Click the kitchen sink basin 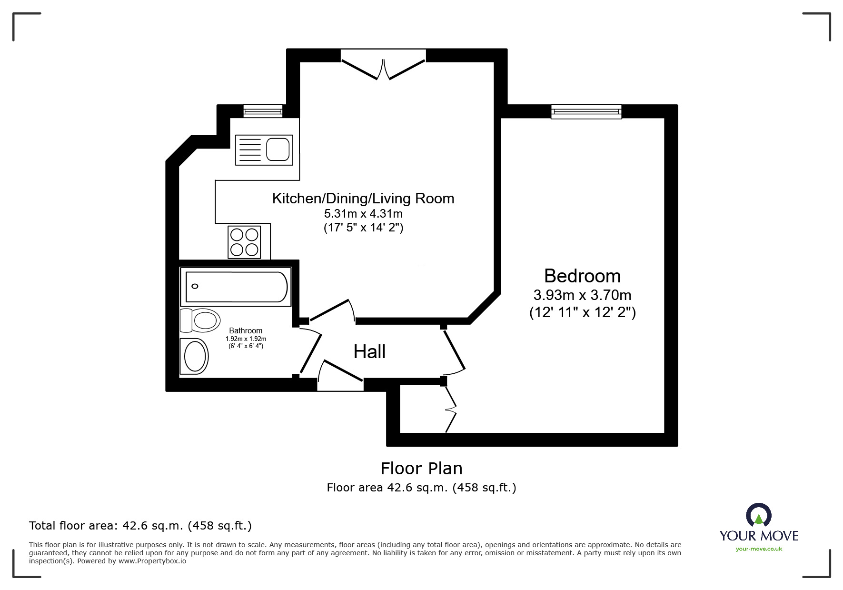click(x=278, y=150)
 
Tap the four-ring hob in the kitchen click(x=245, y=241)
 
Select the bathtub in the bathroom click(x=236, y=287)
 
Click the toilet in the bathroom click(x=200, y=320)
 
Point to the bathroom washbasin click(x=194, y=356)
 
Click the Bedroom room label click(x=582, y=276)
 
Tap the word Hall click(x=369, y=352)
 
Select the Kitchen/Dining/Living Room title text click(x=363, y=199)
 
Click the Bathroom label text click(x=246, y=330)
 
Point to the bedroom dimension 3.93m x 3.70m click(x=582, y=295)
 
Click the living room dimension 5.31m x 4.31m click(x=363, y=213)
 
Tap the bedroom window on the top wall click(x=586, y=111)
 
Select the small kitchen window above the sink click(x=263, y=111)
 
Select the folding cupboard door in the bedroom click(x=450, y=409)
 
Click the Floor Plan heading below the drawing click(x=422, y=469)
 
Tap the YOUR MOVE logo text click(x=759, y=536)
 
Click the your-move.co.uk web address click(x=759, y=549)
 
